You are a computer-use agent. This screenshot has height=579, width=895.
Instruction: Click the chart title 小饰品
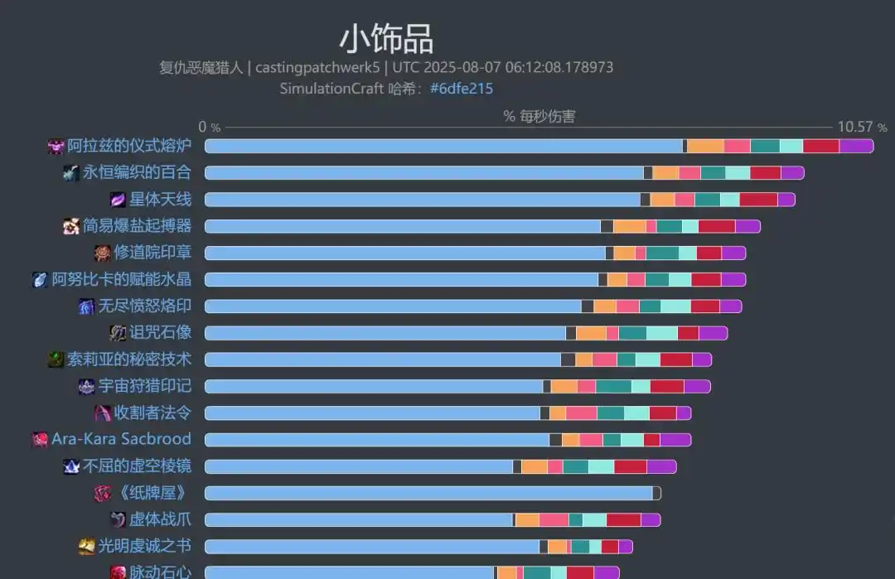click(386, 39)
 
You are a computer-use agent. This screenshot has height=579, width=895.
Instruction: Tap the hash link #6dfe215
click(462, 89)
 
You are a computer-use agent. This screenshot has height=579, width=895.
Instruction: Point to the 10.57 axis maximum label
click(855, 127)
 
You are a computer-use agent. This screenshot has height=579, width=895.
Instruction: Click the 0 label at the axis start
click(203, 127)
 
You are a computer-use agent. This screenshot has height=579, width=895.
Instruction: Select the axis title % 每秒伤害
click(539, 116)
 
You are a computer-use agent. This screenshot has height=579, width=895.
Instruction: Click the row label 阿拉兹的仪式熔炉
click(129, 147)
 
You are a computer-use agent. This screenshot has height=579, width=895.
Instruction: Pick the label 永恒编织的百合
click(137, 173)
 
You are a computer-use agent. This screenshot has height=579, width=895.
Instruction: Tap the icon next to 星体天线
click(118, 200)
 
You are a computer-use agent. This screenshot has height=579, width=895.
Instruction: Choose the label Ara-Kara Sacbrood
click(121, 439)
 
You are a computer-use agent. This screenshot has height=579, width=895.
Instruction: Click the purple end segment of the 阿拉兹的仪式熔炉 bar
click(856, 147)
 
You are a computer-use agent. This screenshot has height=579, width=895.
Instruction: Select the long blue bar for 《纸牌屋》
click(428, 494)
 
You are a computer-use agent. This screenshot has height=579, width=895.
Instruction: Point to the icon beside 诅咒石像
click(118, 333)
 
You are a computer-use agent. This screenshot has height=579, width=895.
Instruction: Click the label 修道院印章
click(152, 253)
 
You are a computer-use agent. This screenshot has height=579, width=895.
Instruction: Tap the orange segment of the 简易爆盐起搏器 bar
click(629, 226)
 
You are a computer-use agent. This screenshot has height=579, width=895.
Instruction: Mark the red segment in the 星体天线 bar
click(758, 200)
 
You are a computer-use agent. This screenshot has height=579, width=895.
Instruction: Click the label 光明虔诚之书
click(144, 546)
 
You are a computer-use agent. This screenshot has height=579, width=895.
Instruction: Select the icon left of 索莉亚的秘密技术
click(56, 359)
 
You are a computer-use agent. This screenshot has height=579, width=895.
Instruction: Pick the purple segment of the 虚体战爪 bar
click(651, 520)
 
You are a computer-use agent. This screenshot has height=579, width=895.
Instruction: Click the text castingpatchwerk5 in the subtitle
click(317, 68)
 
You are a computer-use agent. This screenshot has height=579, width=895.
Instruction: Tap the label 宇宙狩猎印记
click(144, 386)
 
